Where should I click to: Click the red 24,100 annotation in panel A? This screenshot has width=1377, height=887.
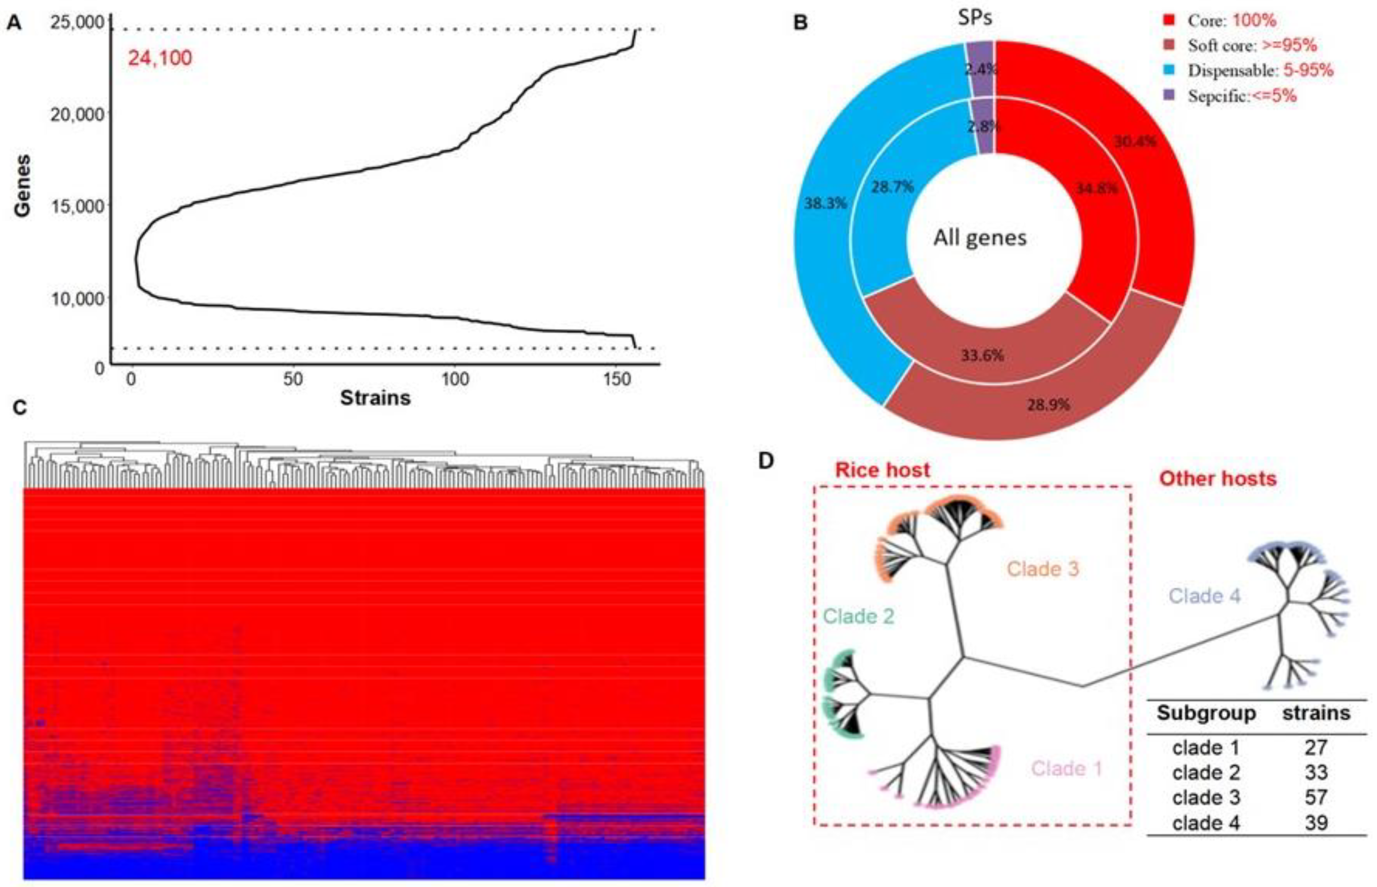159,58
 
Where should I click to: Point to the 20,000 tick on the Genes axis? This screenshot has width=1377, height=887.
77,114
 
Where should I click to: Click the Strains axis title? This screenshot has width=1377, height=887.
375,398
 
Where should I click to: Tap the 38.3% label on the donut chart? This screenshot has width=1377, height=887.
826,203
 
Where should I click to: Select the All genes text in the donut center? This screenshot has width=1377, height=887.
980,237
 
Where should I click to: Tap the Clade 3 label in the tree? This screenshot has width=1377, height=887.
1043,569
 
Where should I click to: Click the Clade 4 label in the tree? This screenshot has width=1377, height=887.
1204,596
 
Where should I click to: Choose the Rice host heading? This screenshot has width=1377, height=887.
882,470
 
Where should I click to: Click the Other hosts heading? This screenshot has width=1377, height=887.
1218,479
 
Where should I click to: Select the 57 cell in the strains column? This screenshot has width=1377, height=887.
1316,798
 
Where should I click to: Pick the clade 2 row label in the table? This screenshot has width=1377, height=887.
1205,772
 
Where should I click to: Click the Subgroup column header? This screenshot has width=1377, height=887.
1206,713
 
